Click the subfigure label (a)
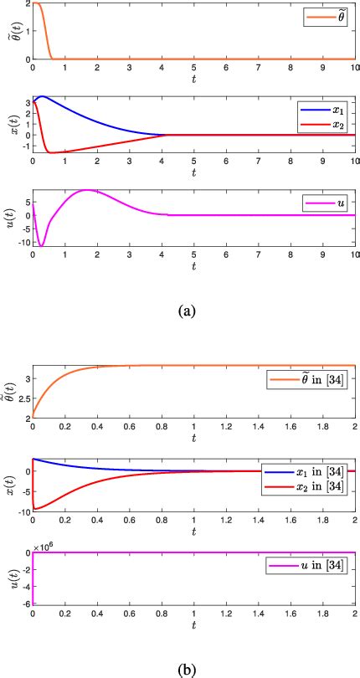point(187,311)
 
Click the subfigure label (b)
point(187,670)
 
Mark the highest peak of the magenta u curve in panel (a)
point(86,190)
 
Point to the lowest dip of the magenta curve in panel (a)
point(41,246)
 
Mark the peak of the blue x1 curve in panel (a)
point(42,96)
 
